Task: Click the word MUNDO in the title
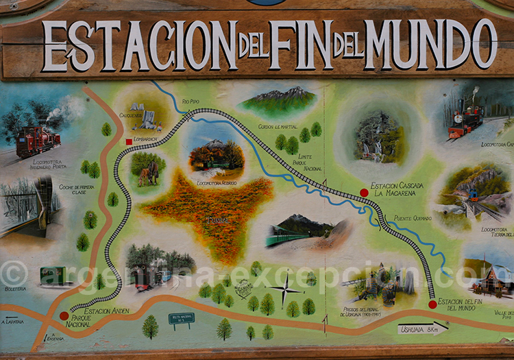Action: coord(431,45)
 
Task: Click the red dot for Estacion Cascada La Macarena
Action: coord(364,193)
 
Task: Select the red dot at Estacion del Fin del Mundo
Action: coord(432,304)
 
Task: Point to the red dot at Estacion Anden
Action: coord(64,316)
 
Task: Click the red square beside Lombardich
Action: coord(128,142)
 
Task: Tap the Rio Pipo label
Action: coord(191,101)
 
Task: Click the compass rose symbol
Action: coord(285,289)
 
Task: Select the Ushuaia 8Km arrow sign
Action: coord(422,329)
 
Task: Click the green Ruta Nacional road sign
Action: coord(182,319)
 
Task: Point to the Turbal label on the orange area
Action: coord(217,221)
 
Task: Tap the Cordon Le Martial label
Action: coord(278,126)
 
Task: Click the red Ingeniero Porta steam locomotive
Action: coord(38,140)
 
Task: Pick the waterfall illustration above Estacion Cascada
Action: coord(380,139)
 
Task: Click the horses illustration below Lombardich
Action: coord(147,171)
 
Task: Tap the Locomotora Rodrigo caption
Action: coord(217,183)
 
